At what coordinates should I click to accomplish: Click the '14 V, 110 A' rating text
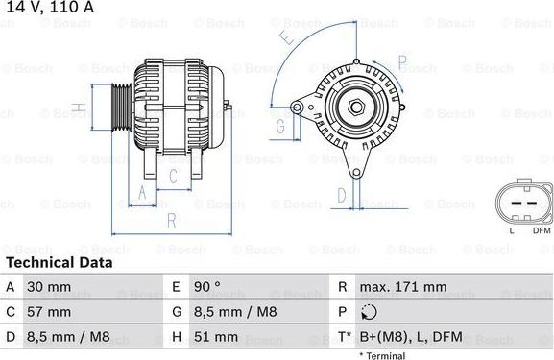point(45,8)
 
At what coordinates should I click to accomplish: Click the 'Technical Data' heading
point(59,262)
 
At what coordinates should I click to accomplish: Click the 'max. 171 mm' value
point(404,287)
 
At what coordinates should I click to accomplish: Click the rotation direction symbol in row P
point(370,312)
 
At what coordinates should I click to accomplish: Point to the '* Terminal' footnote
point(382,355)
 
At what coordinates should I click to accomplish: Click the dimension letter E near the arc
point(286,38)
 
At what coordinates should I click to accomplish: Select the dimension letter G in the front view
point(281,127)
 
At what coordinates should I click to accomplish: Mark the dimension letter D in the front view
point(342,195)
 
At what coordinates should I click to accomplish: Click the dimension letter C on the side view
point(173,176)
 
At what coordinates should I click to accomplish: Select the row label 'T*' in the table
point(345,337)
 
